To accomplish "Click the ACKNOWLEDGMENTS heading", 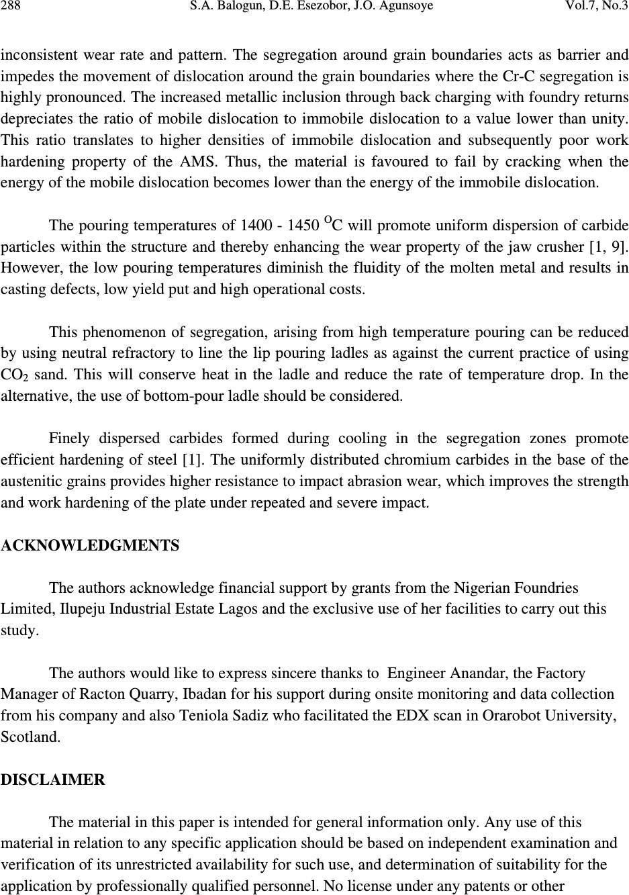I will (91, 546).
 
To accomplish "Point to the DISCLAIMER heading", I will (53, 780).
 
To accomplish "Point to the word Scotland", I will (30, 737).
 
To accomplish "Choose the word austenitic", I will (32, 481).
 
